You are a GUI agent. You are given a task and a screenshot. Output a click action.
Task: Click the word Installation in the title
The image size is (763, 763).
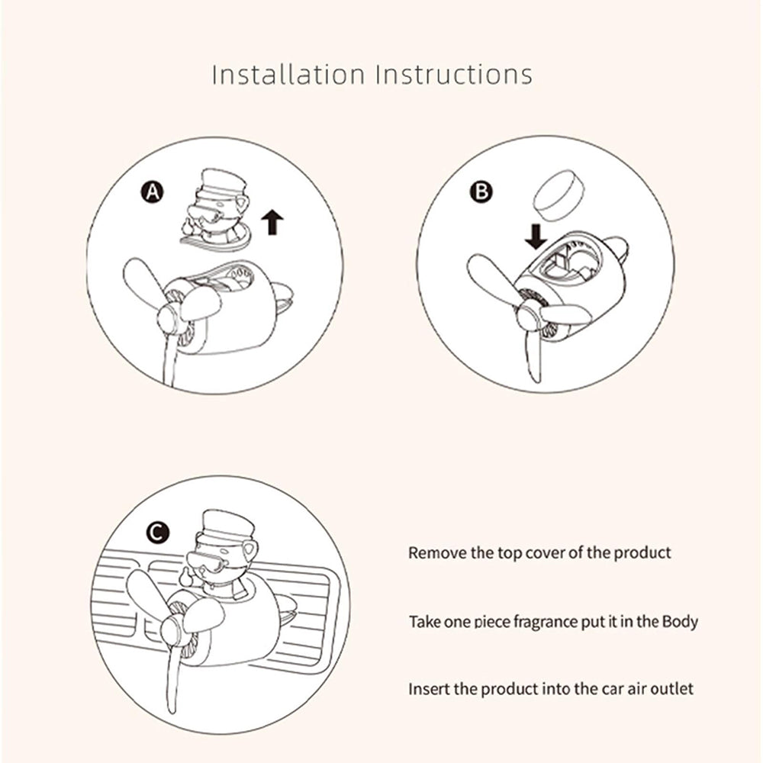click(x=288, y=75)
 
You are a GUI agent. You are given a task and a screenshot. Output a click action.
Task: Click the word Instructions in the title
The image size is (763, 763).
click(x=454, y=75)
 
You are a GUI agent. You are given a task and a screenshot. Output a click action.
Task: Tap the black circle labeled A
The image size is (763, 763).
click(x=153, y=192)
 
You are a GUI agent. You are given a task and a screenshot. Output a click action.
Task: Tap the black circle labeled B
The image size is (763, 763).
click(x=481, y=192)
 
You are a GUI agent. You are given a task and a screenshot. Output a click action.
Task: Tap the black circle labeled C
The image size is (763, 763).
click(x=158, y=533)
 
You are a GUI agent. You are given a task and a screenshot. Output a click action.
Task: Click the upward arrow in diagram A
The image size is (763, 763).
click(x=272, y=222)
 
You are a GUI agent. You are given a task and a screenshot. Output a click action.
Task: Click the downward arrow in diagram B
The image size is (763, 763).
click(x=536, y=237)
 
